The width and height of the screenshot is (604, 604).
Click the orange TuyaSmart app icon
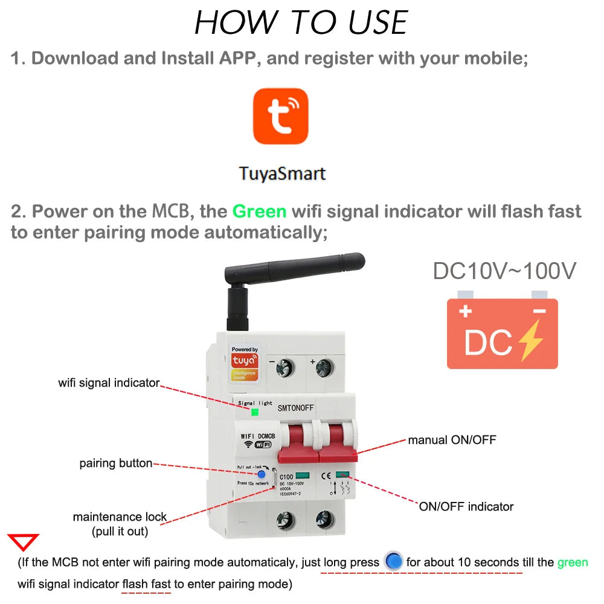coord(280,116)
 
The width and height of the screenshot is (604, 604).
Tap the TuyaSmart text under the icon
coord(282,173)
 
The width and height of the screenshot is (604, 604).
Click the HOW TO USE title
coord(301,23)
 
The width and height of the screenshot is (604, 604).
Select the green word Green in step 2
coord(259,211)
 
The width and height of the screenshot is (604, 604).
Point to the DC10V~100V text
coord(504,271)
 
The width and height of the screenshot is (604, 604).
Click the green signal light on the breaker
coord(255,413)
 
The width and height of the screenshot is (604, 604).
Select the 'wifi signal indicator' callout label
coord(109,383)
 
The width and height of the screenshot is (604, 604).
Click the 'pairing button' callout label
coord(115,463)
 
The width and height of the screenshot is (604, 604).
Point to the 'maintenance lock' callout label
coord(120,517)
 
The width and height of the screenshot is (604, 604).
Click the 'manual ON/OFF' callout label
coord(452,440)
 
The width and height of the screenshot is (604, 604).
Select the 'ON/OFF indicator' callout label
coord(466,506)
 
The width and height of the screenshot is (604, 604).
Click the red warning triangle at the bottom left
coord(22,542)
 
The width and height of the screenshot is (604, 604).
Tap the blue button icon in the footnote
coord(393,562)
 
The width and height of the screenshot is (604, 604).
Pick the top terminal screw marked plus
coord(324,367)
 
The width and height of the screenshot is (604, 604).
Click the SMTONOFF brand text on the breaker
coord(296,408)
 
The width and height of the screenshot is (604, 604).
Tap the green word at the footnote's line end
coord(572,562)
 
